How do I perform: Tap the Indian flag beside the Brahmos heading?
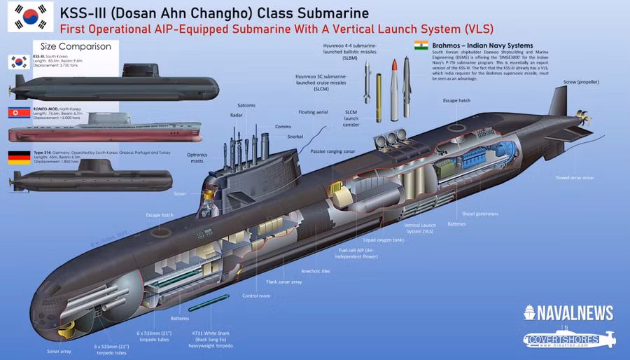coord(421,46)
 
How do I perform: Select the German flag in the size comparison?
coord(19,157)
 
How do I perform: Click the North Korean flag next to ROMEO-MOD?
coord(19,113)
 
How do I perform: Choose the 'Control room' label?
coord(256,296)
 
